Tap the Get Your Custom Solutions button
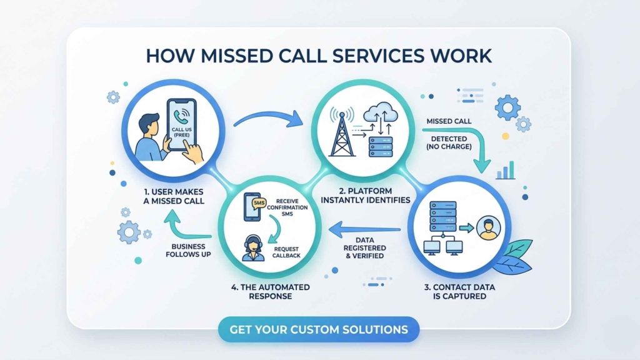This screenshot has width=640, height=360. click(319, 329)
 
